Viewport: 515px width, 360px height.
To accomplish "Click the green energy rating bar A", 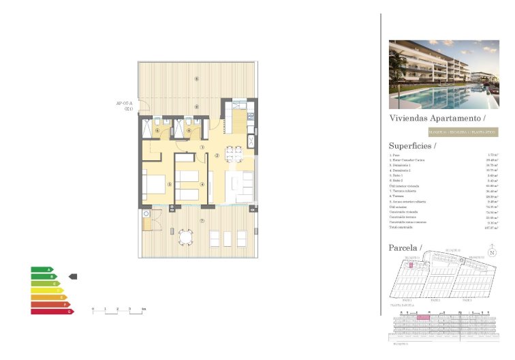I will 41,270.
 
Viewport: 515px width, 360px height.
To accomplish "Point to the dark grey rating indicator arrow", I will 74,277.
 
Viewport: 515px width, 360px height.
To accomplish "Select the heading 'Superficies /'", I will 412,145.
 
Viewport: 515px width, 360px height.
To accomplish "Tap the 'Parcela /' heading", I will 405,247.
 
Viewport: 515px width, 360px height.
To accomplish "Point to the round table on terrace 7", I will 185,237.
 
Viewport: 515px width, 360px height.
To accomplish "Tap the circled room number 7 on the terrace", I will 202,220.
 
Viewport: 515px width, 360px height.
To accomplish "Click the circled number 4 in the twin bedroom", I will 202,183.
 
